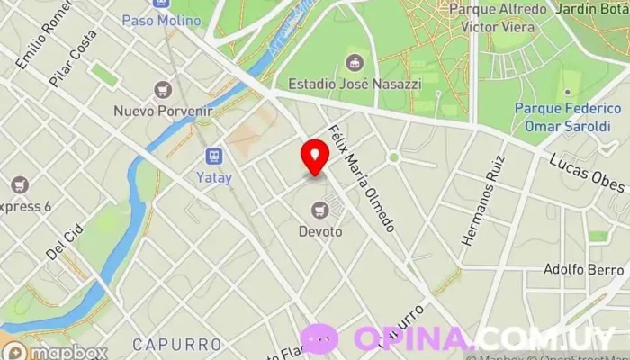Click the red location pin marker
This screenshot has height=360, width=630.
pos(315,157)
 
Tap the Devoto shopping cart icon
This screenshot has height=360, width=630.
pos(319,211)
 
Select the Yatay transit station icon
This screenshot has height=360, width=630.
pos(214,157)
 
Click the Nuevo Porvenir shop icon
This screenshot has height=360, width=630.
pos(163,90)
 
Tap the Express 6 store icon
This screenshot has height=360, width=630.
pos(20,186)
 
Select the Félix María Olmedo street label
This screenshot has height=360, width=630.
pos(362,178)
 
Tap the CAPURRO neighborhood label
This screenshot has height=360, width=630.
pos(176,344)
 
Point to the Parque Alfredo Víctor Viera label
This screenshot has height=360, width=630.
pos(497,18)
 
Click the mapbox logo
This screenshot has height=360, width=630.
pos(54,352)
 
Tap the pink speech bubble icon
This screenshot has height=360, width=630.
pos(319,339)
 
